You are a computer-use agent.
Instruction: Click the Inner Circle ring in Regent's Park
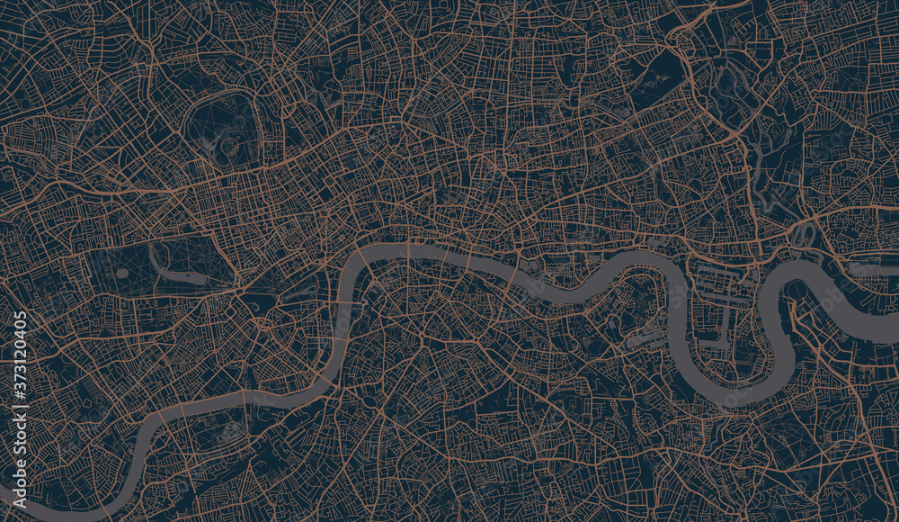click(x=230, y=144)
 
